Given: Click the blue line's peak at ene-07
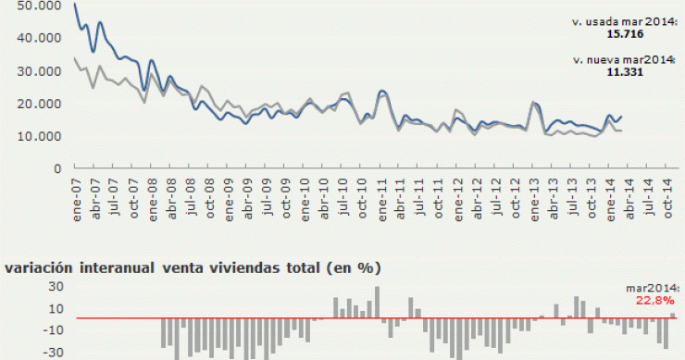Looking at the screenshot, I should pyautogui.click(x=75, y=5).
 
